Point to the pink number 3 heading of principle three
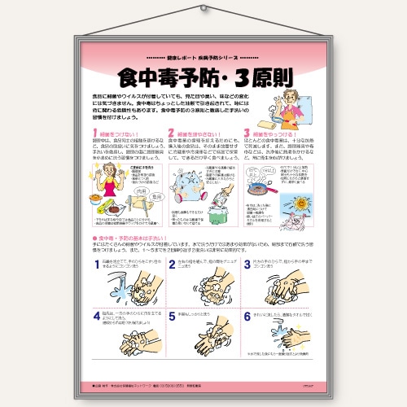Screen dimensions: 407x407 tap(247, 133)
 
